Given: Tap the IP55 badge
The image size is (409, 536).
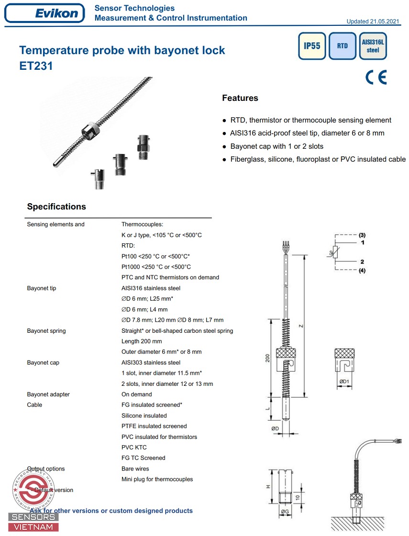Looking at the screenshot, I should [312, 46].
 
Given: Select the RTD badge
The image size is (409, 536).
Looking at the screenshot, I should [342, 46].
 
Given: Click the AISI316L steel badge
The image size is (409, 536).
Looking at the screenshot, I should [373, 46].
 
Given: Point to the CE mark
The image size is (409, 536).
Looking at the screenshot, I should [376, 77].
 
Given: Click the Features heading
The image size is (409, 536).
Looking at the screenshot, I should [240, 98].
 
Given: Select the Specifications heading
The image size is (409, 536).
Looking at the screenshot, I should [56, 207].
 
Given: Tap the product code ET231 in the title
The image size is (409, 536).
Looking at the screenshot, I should [36, 66].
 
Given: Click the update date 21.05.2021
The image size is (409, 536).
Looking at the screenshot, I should [385, 22].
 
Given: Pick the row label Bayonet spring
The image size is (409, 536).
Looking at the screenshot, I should [46, 331].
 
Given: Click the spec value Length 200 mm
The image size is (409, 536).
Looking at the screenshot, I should [142, 341].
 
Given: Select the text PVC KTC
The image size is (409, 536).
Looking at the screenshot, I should [134, 448].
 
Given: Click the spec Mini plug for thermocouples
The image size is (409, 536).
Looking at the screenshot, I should [157, 479].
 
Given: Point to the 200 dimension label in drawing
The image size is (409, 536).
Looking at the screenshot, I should [268, 358].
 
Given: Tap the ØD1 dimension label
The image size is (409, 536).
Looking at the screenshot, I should [344, 382].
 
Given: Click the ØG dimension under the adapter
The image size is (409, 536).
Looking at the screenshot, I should [285, 512].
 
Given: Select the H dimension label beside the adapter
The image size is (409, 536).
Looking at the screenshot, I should [268, 486].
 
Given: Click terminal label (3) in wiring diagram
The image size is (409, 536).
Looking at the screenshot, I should [362, 235].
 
